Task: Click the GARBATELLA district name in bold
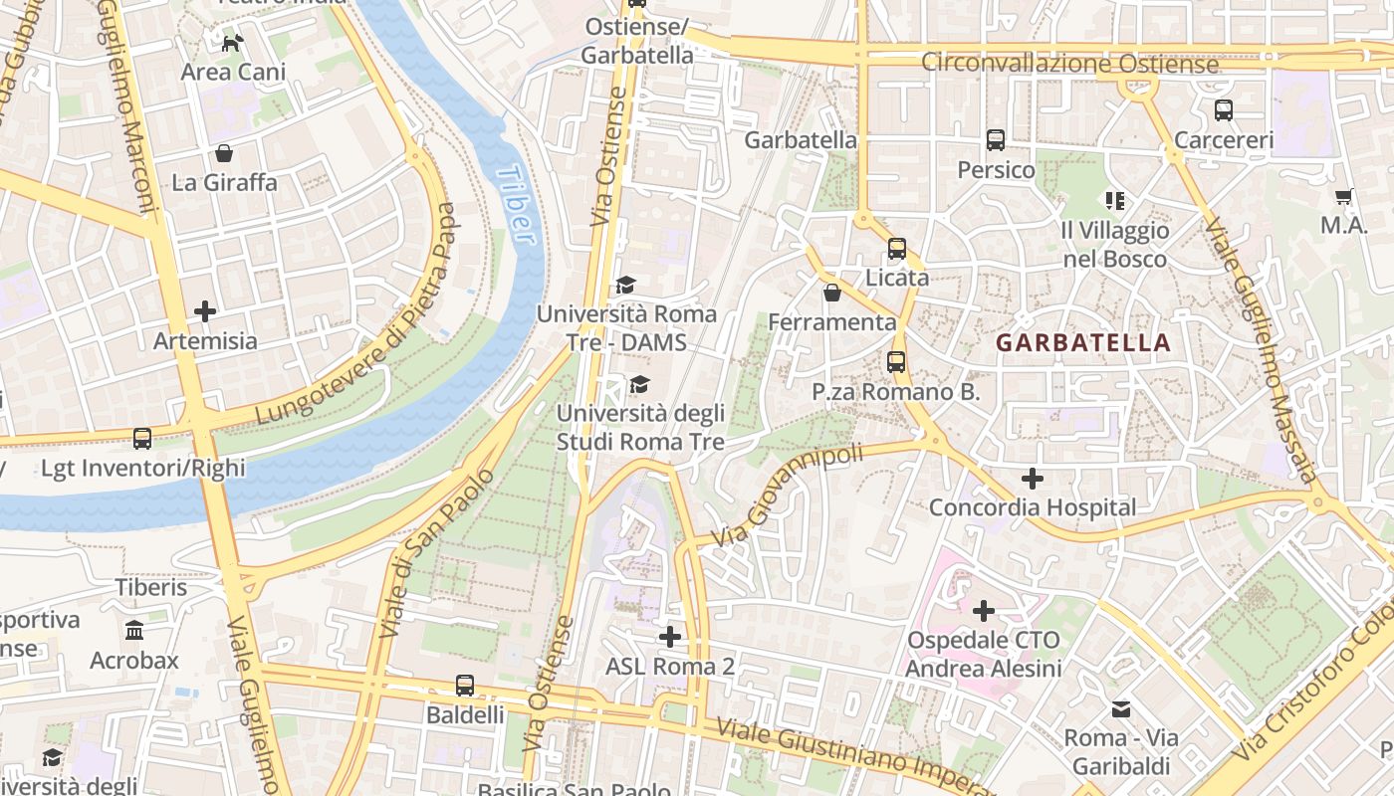point(1083,343)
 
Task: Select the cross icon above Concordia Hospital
point(1033,479)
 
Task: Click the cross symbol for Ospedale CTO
point(984,610)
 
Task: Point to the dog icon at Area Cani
point(232,43)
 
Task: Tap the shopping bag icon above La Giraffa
point(224,153)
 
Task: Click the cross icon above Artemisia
point(205,311)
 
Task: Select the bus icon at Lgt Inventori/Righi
point(142,439)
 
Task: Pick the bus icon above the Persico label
point(996,140)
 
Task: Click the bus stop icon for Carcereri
point(1224,110)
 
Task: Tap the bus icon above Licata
point(897,249)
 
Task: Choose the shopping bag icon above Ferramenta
point(832,293)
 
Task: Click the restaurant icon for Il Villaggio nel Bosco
point(1114,201)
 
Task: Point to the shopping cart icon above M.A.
point(1343,197)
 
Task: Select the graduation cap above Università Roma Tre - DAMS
point(625,286)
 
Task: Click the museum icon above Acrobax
point(134,630)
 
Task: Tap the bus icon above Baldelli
point(465,685)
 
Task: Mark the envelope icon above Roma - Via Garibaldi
point(1121,708)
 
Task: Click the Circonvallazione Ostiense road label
point(1069,64)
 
